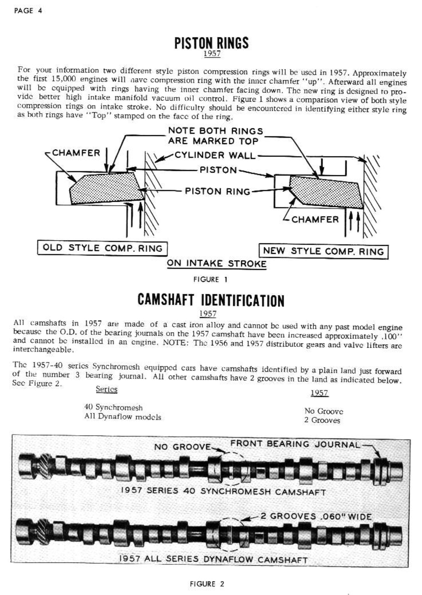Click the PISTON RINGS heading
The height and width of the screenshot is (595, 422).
coord(211,43)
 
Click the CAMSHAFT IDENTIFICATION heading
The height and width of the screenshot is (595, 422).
coord(211,300)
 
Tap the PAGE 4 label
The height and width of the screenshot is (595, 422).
coord(28,11)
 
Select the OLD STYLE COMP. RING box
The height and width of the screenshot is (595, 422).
coord(102,248)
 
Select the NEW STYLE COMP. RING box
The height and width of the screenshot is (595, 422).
coord(323,251)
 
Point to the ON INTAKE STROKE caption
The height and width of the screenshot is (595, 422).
coord(217,263)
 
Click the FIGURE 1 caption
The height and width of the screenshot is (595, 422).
coord(210,279)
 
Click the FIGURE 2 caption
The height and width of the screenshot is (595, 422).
coord(207,584)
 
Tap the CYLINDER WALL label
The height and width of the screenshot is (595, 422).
coord(215,155)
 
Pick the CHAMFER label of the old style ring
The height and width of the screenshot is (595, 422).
coord(76,153)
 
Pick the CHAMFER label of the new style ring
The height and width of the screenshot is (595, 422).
coord(315,219)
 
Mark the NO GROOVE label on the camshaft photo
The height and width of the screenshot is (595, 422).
coord(182,447)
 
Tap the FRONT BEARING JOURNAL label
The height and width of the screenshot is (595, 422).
coord(295,444)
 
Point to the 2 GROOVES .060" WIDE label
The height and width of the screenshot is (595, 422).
coord(316,516)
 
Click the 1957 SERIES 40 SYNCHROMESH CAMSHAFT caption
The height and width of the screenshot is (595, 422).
coord(223,491)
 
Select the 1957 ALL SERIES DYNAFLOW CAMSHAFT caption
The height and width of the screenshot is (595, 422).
coord(213,559)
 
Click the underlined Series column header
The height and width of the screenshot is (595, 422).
coord(106,389)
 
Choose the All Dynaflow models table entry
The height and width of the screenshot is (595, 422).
coord(122,417)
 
